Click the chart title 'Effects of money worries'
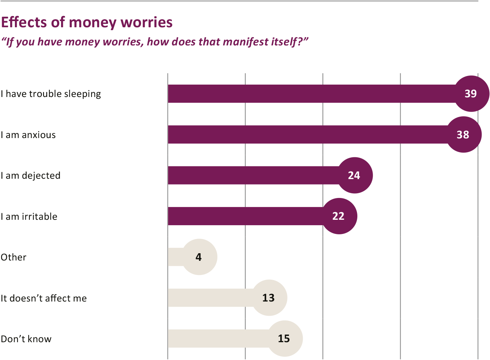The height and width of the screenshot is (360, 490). pyautogui.click(x=87, y=23)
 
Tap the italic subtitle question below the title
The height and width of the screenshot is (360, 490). pyautogui.click(x=154, y=42)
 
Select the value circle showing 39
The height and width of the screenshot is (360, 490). pyautogui.click(x=471, y=94)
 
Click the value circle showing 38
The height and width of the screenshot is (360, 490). pyautogui.click(x=463, y=134)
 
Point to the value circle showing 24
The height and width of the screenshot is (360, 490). pyautogui.click(x=354, y=175)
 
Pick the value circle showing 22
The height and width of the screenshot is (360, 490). pyautogui.click(x=339, y=216)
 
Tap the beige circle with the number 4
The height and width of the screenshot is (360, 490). pyautogui.click(x=199, y=257)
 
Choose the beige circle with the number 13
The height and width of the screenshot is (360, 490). pyautogui.click(x=269, y=298)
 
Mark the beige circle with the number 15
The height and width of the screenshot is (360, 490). pyautogui.click(x=285, y=339)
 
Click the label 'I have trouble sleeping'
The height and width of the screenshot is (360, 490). pyautogui.click(x=51, y=94)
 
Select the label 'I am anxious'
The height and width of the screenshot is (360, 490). pyautogui.click(x=28, y=135)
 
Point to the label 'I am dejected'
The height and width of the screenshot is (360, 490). pyautogui.click(x=31, y=175)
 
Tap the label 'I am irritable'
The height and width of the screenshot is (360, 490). pyautogui.click(x=29, y=217)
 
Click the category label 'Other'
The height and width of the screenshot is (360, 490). pyautogui.click(x=13, y=257)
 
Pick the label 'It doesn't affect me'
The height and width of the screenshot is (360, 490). pyautogui.click(x=44, y=298)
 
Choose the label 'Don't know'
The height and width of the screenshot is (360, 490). pyautogui.click(x=26, y=339)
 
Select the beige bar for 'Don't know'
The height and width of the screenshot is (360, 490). pyautogui.click(x=218, y=339)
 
